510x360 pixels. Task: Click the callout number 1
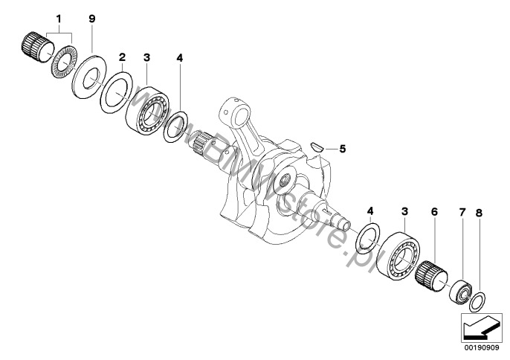(59, 19)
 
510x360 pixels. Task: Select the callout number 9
(92, 19)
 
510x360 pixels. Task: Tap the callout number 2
(122, 57)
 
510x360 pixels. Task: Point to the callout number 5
(343, 149)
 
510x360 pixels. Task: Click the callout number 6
(434, 212)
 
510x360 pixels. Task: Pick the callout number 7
(462, 212)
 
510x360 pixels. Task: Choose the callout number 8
(479, 213)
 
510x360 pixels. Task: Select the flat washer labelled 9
(88, 77)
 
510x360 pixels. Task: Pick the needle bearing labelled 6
(431, 277)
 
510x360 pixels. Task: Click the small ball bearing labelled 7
(460, 290)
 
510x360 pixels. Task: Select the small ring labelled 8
(477, 301)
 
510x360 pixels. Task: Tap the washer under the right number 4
(369, 238)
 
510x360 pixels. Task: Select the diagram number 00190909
(482, 348)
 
